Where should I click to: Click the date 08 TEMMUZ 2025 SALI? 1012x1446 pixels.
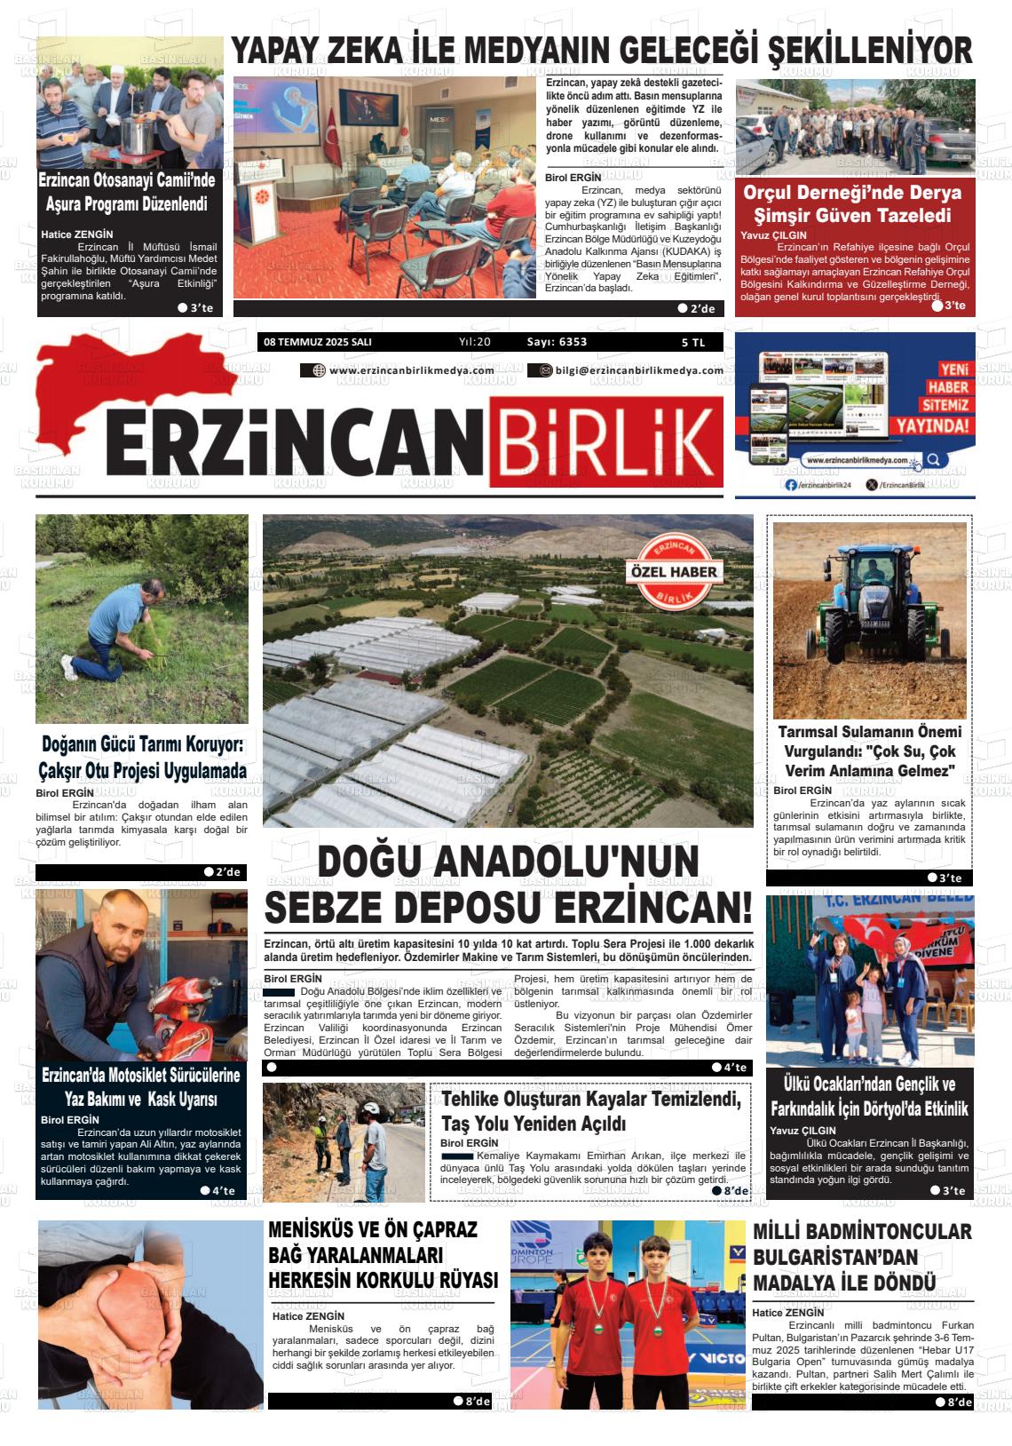(317, 342)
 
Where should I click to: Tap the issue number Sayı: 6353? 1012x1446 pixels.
(557, 342)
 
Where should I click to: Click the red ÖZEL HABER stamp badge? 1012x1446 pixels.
(673, 573)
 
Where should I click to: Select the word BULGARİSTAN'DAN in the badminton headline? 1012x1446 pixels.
(822, 1258)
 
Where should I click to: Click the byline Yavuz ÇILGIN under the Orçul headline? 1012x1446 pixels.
(773, 235)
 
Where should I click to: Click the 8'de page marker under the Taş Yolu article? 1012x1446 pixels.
(731, 1191)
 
